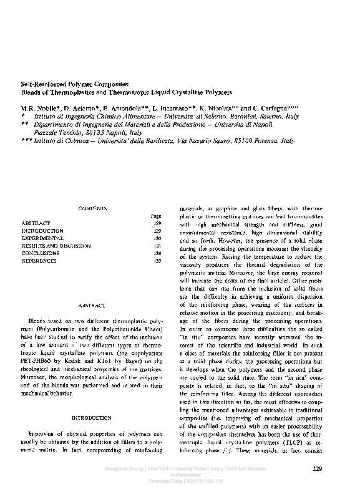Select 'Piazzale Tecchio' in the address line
[x=56, y=133]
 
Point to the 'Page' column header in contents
[x=156, y=216]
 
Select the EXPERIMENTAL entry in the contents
[x=42, y=238]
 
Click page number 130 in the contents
[x=157, y=238]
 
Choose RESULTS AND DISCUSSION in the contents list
[x=54, y=246]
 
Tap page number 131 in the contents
[x=157, y=246]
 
